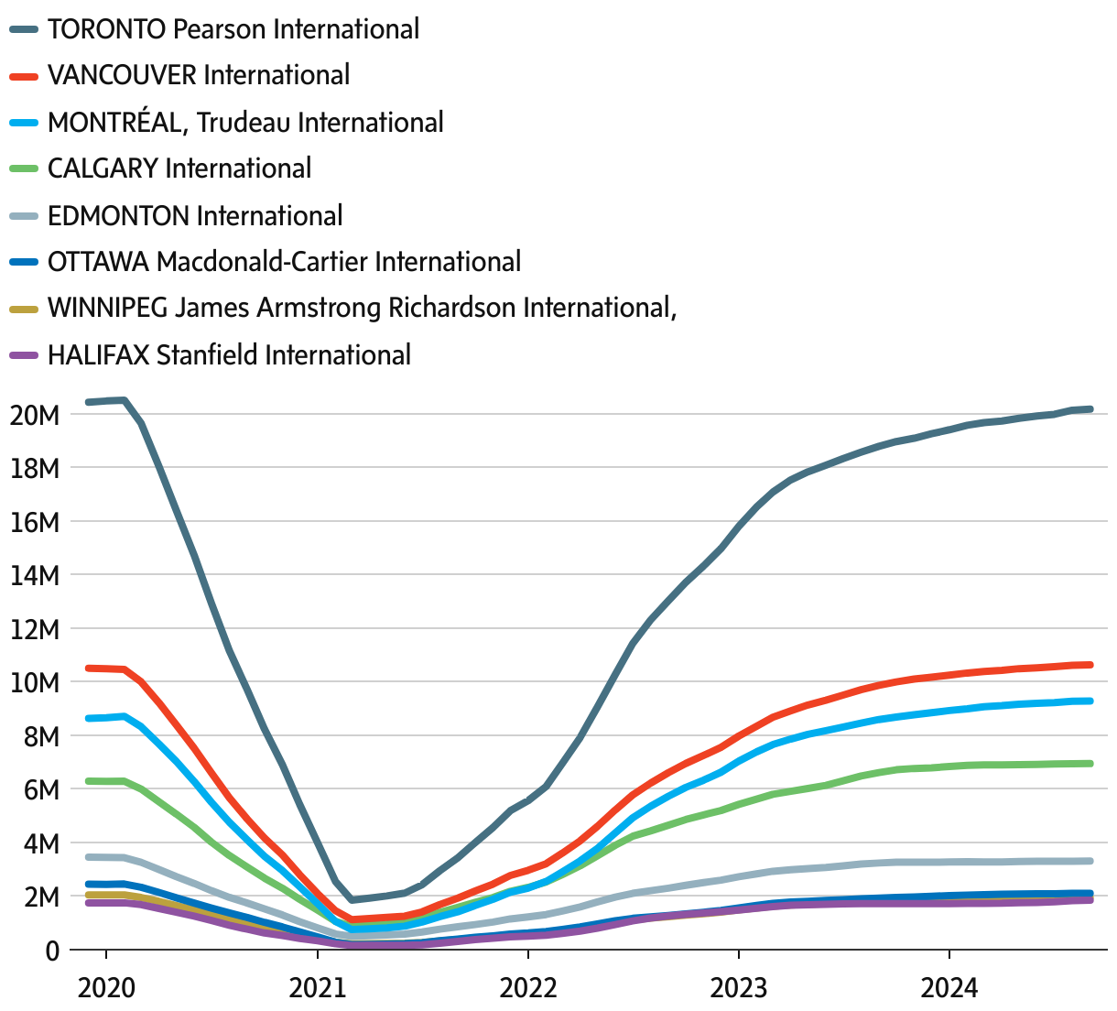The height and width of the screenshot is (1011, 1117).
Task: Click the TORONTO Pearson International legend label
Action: click(233, 29)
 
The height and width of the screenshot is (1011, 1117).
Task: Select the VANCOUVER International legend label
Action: click(198, 75)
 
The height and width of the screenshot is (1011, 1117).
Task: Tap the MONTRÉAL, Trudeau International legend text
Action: click(244, 122)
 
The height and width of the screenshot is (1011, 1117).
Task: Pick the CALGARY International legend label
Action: click(179, 168)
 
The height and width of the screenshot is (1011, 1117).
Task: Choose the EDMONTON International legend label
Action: click(195, 216)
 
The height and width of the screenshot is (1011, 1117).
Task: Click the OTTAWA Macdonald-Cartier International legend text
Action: click(284, 262)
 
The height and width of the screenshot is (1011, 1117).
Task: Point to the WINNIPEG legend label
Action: click(362, 308)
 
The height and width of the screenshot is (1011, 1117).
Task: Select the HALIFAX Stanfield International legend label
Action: click(229, 355)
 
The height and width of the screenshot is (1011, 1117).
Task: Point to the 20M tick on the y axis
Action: click(34, 415)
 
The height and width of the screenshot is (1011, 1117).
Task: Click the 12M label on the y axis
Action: click(34, 630)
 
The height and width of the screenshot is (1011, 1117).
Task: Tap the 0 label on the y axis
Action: click(51, 951)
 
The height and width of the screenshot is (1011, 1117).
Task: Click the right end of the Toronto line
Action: click(1090, 409)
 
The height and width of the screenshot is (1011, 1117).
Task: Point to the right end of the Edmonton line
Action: click(1090, 861)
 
